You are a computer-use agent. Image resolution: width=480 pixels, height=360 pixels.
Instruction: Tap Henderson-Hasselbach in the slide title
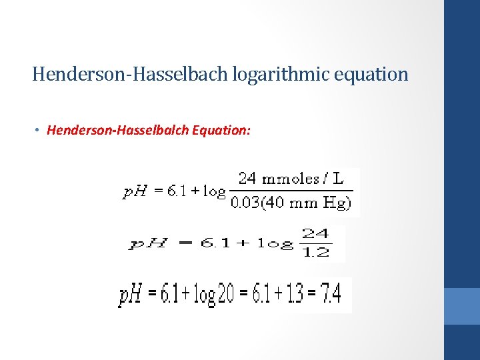pyautogui.click(x=130, y=74)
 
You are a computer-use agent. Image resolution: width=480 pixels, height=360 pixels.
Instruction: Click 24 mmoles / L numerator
pyautogui.click(x=291, y=179)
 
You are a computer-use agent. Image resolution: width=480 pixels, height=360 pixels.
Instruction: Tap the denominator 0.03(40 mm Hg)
pyautogui.click(x=291, y=203)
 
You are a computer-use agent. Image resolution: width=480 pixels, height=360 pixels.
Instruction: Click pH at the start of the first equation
pyautogui.click(x=136, y=192)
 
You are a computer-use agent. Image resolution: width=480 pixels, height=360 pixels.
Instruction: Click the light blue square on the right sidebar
pyautogui.click(x=462, y=306)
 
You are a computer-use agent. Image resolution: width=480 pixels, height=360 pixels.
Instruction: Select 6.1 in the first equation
pyautogui.click(x=177, y=192)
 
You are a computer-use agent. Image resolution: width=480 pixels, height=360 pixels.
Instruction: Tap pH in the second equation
pyautogui.click(x=147, y=244)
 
